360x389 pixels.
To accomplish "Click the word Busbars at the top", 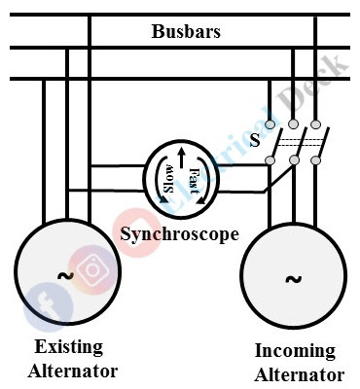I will (x=186, y=31).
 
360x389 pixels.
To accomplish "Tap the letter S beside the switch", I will (x=254, y=139).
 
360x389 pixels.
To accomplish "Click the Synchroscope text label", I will (x=179, y=234).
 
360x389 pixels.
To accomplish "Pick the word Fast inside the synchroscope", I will (x=194, y=181).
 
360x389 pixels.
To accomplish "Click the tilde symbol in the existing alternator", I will (x=65, y=275).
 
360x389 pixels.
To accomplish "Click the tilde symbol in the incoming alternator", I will (x=292, y=279).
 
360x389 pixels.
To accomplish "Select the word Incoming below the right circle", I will (x=294, y=351).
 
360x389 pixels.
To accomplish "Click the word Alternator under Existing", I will (x=74, y=371).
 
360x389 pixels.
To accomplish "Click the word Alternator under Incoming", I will (x=299, y=374).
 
